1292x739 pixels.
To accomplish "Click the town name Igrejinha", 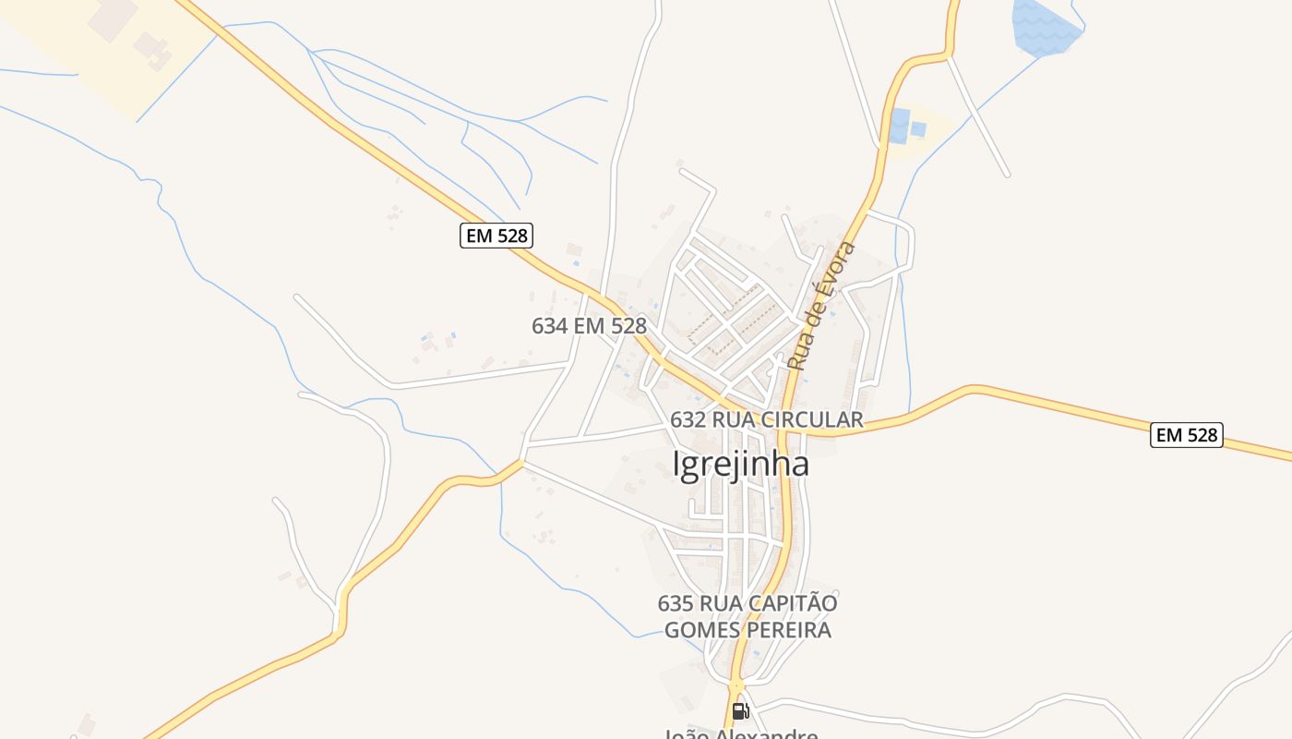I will (x=741, y=464).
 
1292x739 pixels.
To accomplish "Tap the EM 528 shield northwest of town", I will (x=496, y=236).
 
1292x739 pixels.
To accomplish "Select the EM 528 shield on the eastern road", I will (x=1186, y=434).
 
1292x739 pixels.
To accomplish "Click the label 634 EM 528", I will (x=589, y=326).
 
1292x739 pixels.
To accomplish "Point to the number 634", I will (x=549, y=326).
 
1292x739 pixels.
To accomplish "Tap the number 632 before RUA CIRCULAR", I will (x=688, y=419).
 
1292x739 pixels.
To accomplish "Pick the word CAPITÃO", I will (x=796, y=603).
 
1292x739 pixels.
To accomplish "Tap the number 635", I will (x=676, y=603).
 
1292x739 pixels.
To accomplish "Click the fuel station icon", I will (x=739, y=710).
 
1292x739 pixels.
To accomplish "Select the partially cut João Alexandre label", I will (x=741, y=734).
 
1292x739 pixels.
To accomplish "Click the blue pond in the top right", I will (x=1045, y=25).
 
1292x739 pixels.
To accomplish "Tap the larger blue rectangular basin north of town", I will (x=899, y=126).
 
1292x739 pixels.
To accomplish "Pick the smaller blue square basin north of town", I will (x=918, y=129).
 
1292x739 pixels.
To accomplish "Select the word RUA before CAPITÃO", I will (x=725, y=603).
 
